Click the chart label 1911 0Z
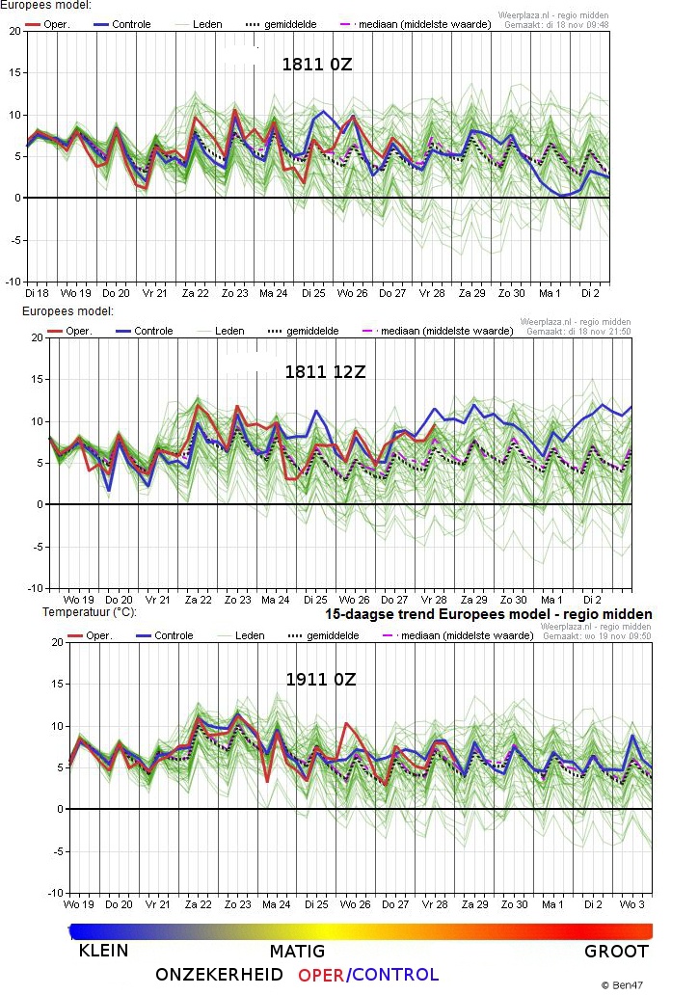click(x=321, y=679)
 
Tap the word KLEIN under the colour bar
click(x=103, y=952)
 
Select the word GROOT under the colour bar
click(x=616, y=952)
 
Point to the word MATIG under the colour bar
click(x=296, y=952)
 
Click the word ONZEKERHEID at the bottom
click(x=219, y=975)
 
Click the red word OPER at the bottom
click(x=321, y=975)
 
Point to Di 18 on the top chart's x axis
click(x=37, y=292)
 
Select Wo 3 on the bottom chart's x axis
click(x=631, y=904)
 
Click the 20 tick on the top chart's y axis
click(x=14, y=31)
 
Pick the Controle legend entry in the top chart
click(x=131, y=24)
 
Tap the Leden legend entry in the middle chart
click(x=229, y=331)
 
